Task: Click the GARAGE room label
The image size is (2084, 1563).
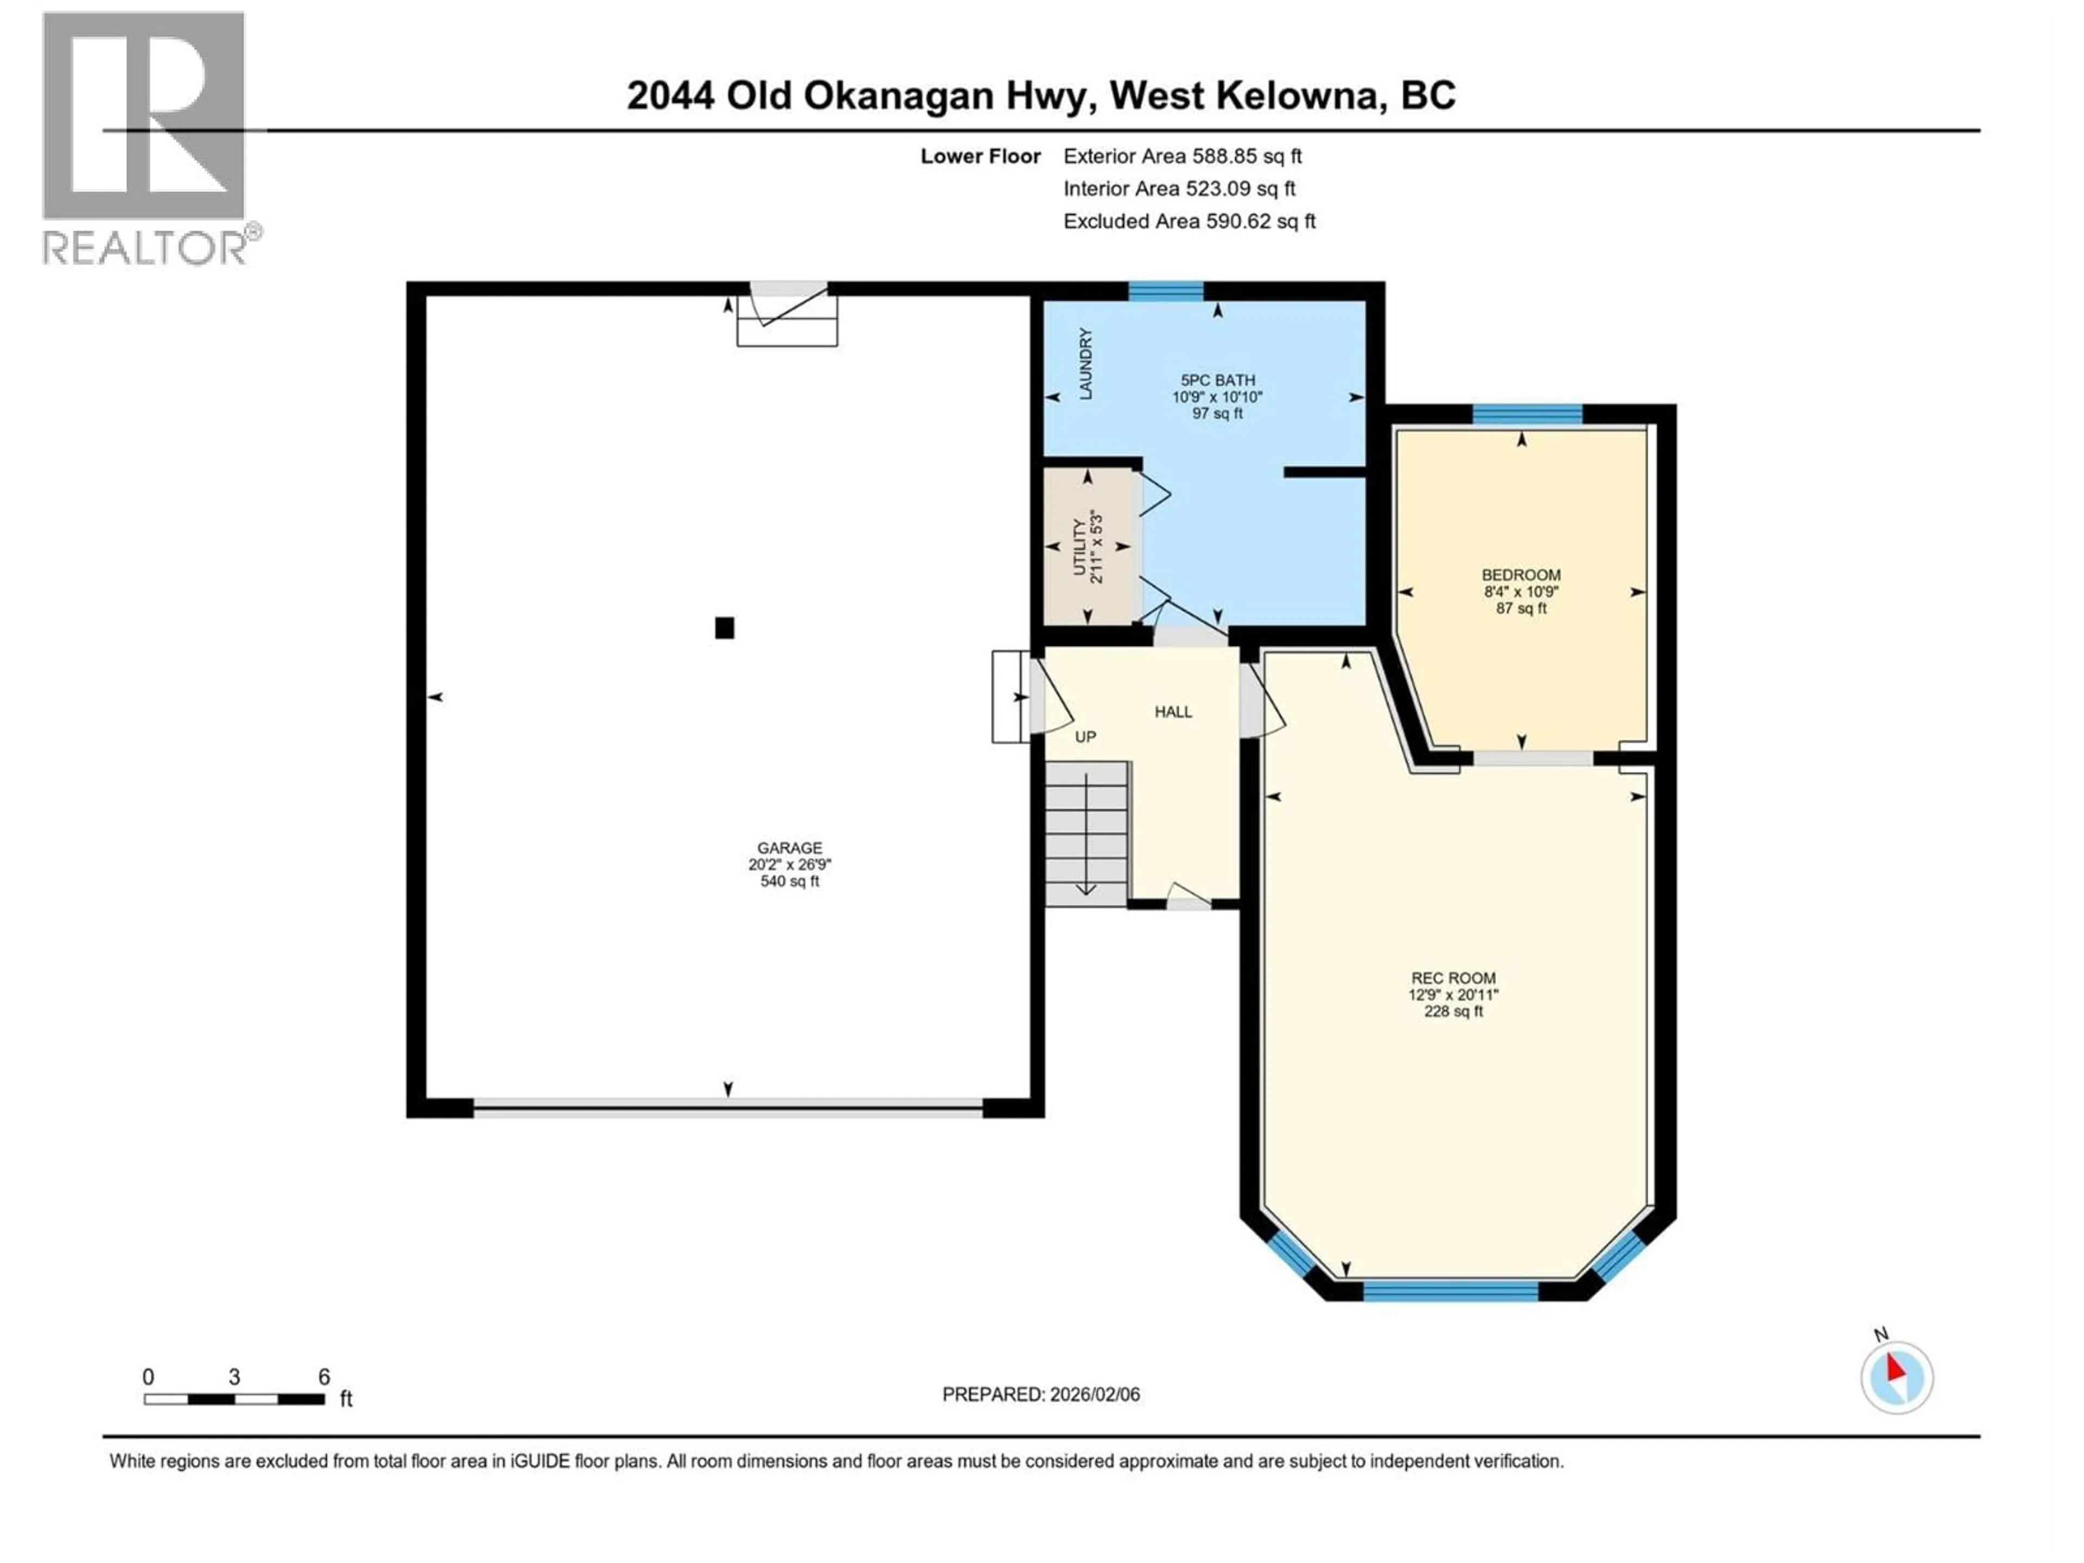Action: pos(790,848)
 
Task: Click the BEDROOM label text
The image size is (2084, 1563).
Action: pos(1521,575)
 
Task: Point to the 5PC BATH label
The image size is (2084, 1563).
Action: pos(1217,380)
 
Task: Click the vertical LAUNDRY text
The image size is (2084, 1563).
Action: pos(1085,364)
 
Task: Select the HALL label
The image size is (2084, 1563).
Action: pos(1173,712)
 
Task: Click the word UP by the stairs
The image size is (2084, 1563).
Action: pos(1085,737)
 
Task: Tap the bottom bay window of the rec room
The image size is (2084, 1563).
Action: pos(1451,1291)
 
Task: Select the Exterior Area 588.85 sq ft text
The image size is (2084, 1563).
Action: pos(1183,156)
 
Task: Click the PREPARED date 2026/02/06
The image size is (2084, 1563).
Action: pos(1041,1394)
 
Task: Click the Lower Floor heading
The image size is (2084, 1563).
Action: pos(980,156)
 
